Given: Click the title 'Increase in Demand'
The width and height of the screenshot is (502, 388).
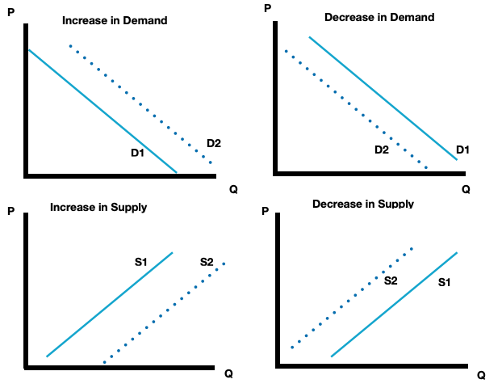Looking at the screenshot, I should tap(115, 19).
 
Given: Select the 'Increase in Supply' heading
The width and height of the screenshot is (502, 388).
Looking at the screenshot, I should tap(98, 208).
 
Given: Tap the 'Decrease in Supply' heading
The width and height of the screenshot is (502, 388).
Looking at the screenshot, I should tap(362, 204).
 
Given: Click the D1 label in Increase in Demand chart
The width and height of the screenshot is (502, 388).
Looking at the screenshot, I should tap(137, 153).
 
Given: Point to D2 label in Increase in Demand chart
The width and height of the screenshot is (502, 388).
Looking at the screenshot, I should tap(214, 143).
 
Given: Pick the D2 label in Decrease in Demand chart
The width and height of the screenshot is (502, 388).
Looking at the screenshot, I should tap(382, 150).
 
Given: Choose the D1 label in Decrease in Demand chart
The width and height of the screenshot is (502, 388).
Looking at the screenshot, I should tap(462, 150).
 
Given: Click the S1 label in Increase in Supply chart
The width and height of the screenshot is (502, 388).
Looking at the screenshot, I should tap(141, 262).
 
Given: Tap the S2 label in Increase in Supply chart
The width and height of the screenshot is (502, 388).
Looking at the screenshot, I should tap(207, 262).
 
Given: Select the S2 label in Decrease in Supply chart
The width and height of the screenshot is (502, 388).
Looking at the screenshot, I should tap(391, 280).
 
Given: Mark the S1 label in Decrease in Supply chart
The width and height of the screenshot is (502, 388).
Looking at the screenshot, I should tap(445, 283).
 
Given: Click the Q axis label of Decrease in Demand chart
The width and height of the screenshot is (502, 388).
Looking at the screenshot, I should tap(466, 190).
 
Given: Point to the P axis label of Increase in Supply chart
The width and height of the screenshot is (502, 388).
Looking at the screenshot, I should tap(10, 213).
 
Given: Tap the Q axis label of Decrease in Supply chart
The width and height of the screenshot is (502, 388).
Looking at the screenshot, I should tap(481, 375).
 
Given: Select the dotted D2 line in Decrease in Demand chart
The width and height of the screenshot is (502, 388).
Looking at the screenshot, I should tap(355, 109).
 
